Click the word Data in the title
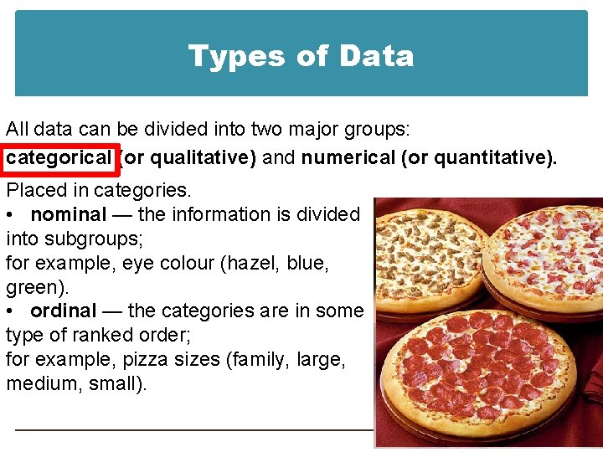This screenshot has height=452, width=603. click(x=377, y=56)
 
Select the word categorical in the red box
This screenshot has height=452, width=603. click(x=59, y=157)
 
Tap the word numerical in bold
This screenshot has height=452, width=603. click(x=348, y=157)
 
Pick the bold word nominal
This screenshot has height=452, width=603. click(x=69, y=215)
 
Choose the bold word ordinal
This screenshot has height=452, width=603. click(x=64, y=311)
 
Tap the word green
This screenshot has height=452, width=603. click(x=34, y=287)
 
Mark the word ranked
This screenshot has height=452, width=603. click(x=103, y=335)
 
